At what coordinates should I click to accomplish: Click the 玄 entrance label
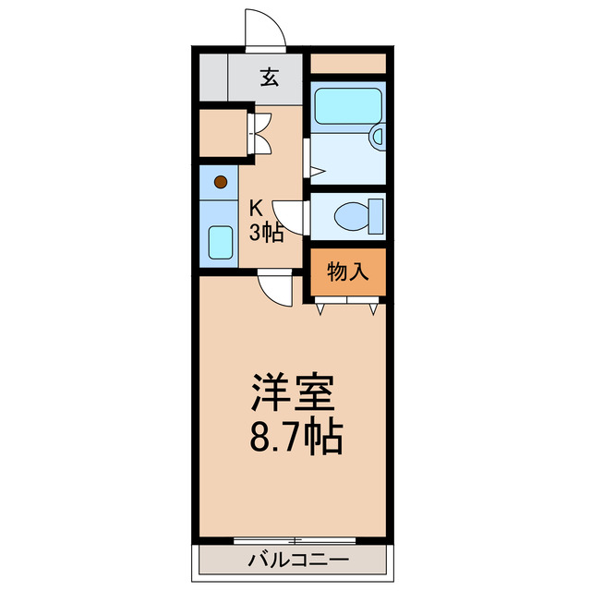click(x=269, y=78)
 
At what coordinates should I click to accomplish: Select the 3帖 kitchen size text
click(x=266, y=233)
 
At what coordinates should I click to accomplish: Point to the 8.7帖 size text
click(x=295, y=437)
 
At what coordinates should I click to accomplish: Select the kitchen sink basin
click(x=220, y=243)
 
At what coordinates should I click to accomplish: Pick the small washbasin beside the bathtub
click(x=377, y=138)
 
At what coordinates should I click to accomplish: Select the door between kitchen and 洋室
click(x=274, y=286)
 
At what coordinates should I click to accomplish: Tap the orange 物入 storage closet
click(x=347, y=272)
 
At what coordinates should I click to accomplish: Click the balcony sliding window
click(x=294, y=539)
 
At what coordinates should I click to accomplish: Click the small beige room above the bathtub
click(x=346, y=64)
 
